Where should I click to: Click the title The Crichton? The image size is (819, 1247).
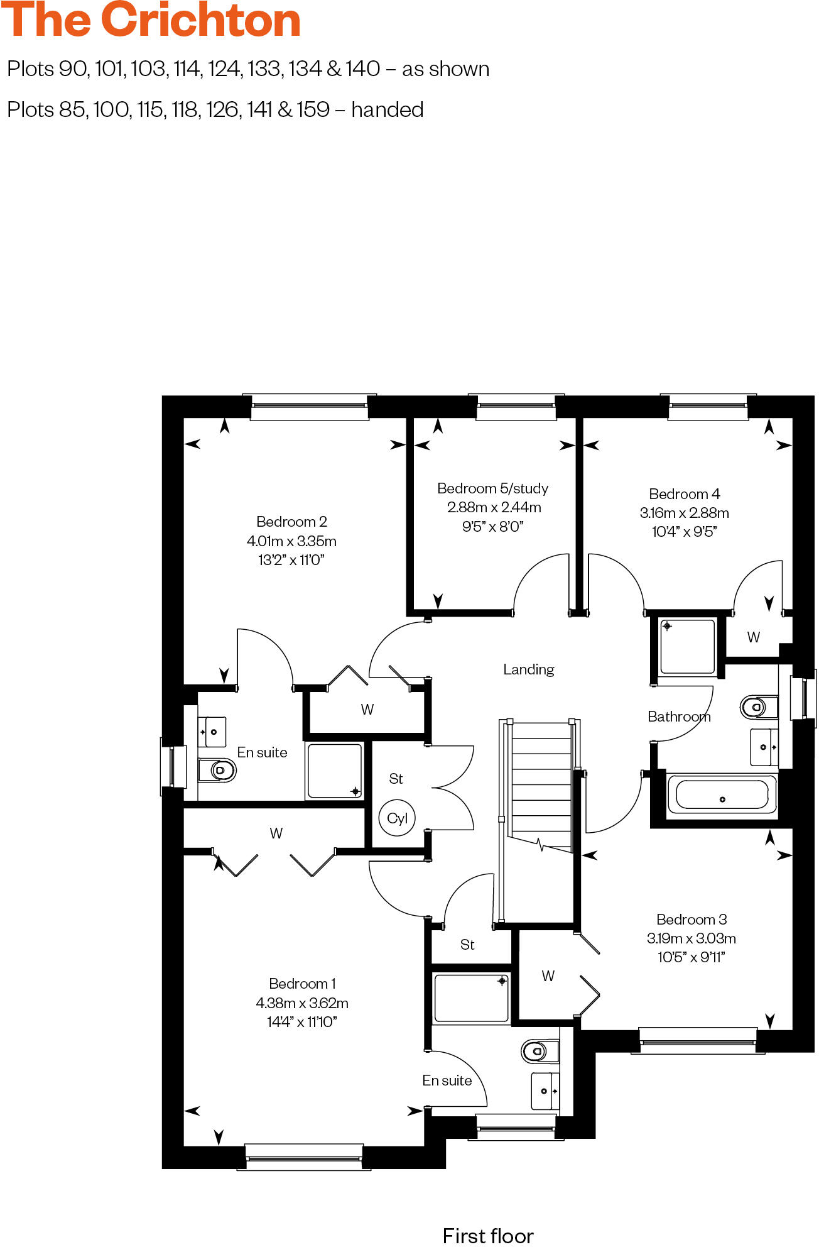(151, 20)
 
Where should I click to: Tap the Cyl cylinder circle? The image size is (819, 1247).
(397, 818)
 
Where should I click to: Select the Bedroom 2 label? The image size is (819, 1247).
(291, 522)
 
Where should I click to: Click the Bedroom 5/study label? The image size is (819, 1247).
(492, 488)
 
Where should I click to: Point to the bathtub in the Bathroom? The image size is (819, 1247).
(722, 795)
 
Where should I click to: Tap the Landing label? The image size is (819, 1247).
(528, 669)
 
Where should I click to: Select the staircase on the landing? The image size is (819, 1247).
(541, 786)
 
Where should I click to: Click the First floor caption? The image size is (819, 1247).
(488, 1236)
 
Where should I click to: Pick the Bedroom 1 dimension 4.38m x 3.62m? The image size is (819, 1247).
(302, 1003)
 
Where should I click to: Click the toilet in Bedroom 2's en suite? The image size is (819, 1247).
(217, 769)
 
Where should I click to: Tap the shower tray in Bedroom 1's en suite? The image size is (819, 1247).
(471, 998)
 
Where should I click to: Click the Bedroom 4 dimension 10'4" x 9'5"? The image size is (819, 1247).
(684, 532)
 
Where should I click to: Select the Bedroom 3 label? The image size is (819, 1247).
(691, 920)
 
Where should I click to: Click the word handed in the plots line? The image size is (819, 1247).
(387, 110)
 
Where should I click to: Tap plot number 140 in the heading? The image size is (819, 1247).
(362, 69)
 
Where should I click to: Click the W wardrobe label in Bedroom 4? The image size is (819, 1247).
(753, 637)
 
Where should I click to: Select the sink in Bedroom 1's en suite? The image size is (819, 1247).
(545, 1091)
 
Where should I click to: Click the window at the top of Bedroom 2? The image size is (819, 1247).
(309, 407)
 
